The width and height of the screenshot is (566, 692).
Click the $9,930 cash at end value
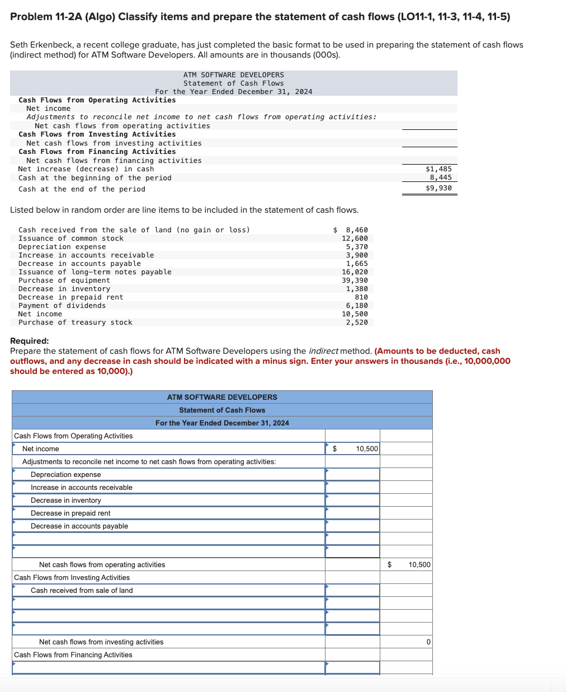[x=438, y=188]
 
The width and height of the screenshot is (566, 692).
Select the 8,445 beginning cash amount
[x=440, y=177]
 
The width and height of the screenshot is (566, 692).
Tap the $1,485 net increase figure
[x=438, y=169]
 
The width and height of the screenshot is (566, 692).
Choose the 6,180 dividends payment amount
[x=357, y=305]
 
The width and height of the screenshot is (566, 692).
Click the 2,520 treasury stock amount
[x=357, y=322]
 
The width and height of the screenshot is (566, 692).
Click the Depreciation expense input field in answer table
[x=352, y=474]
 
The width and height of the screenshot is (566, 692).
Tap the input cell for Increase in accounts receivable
[x=352, y=487]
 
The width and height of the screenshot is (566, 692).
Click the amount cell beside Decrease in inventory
[x=352, y=500]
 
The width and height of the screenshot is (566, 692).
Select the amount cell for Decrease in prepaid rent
[x=352, y=513]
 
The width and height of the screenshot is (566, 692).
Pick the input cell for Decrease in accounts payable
[x=352, y=526]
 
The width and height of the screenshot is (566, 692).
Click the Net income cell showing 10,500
[x=352, y=448]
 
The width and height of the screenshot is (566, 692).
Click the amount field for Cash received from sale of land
[x=352, y=590]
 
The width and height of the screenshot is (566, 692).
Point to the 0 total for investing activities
[x=428, y=642]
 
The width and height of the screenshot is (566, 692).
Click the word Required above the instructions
[x=29, y=340]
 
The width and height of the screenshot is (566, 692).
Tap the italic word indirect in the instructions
[x=323, y=351]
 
